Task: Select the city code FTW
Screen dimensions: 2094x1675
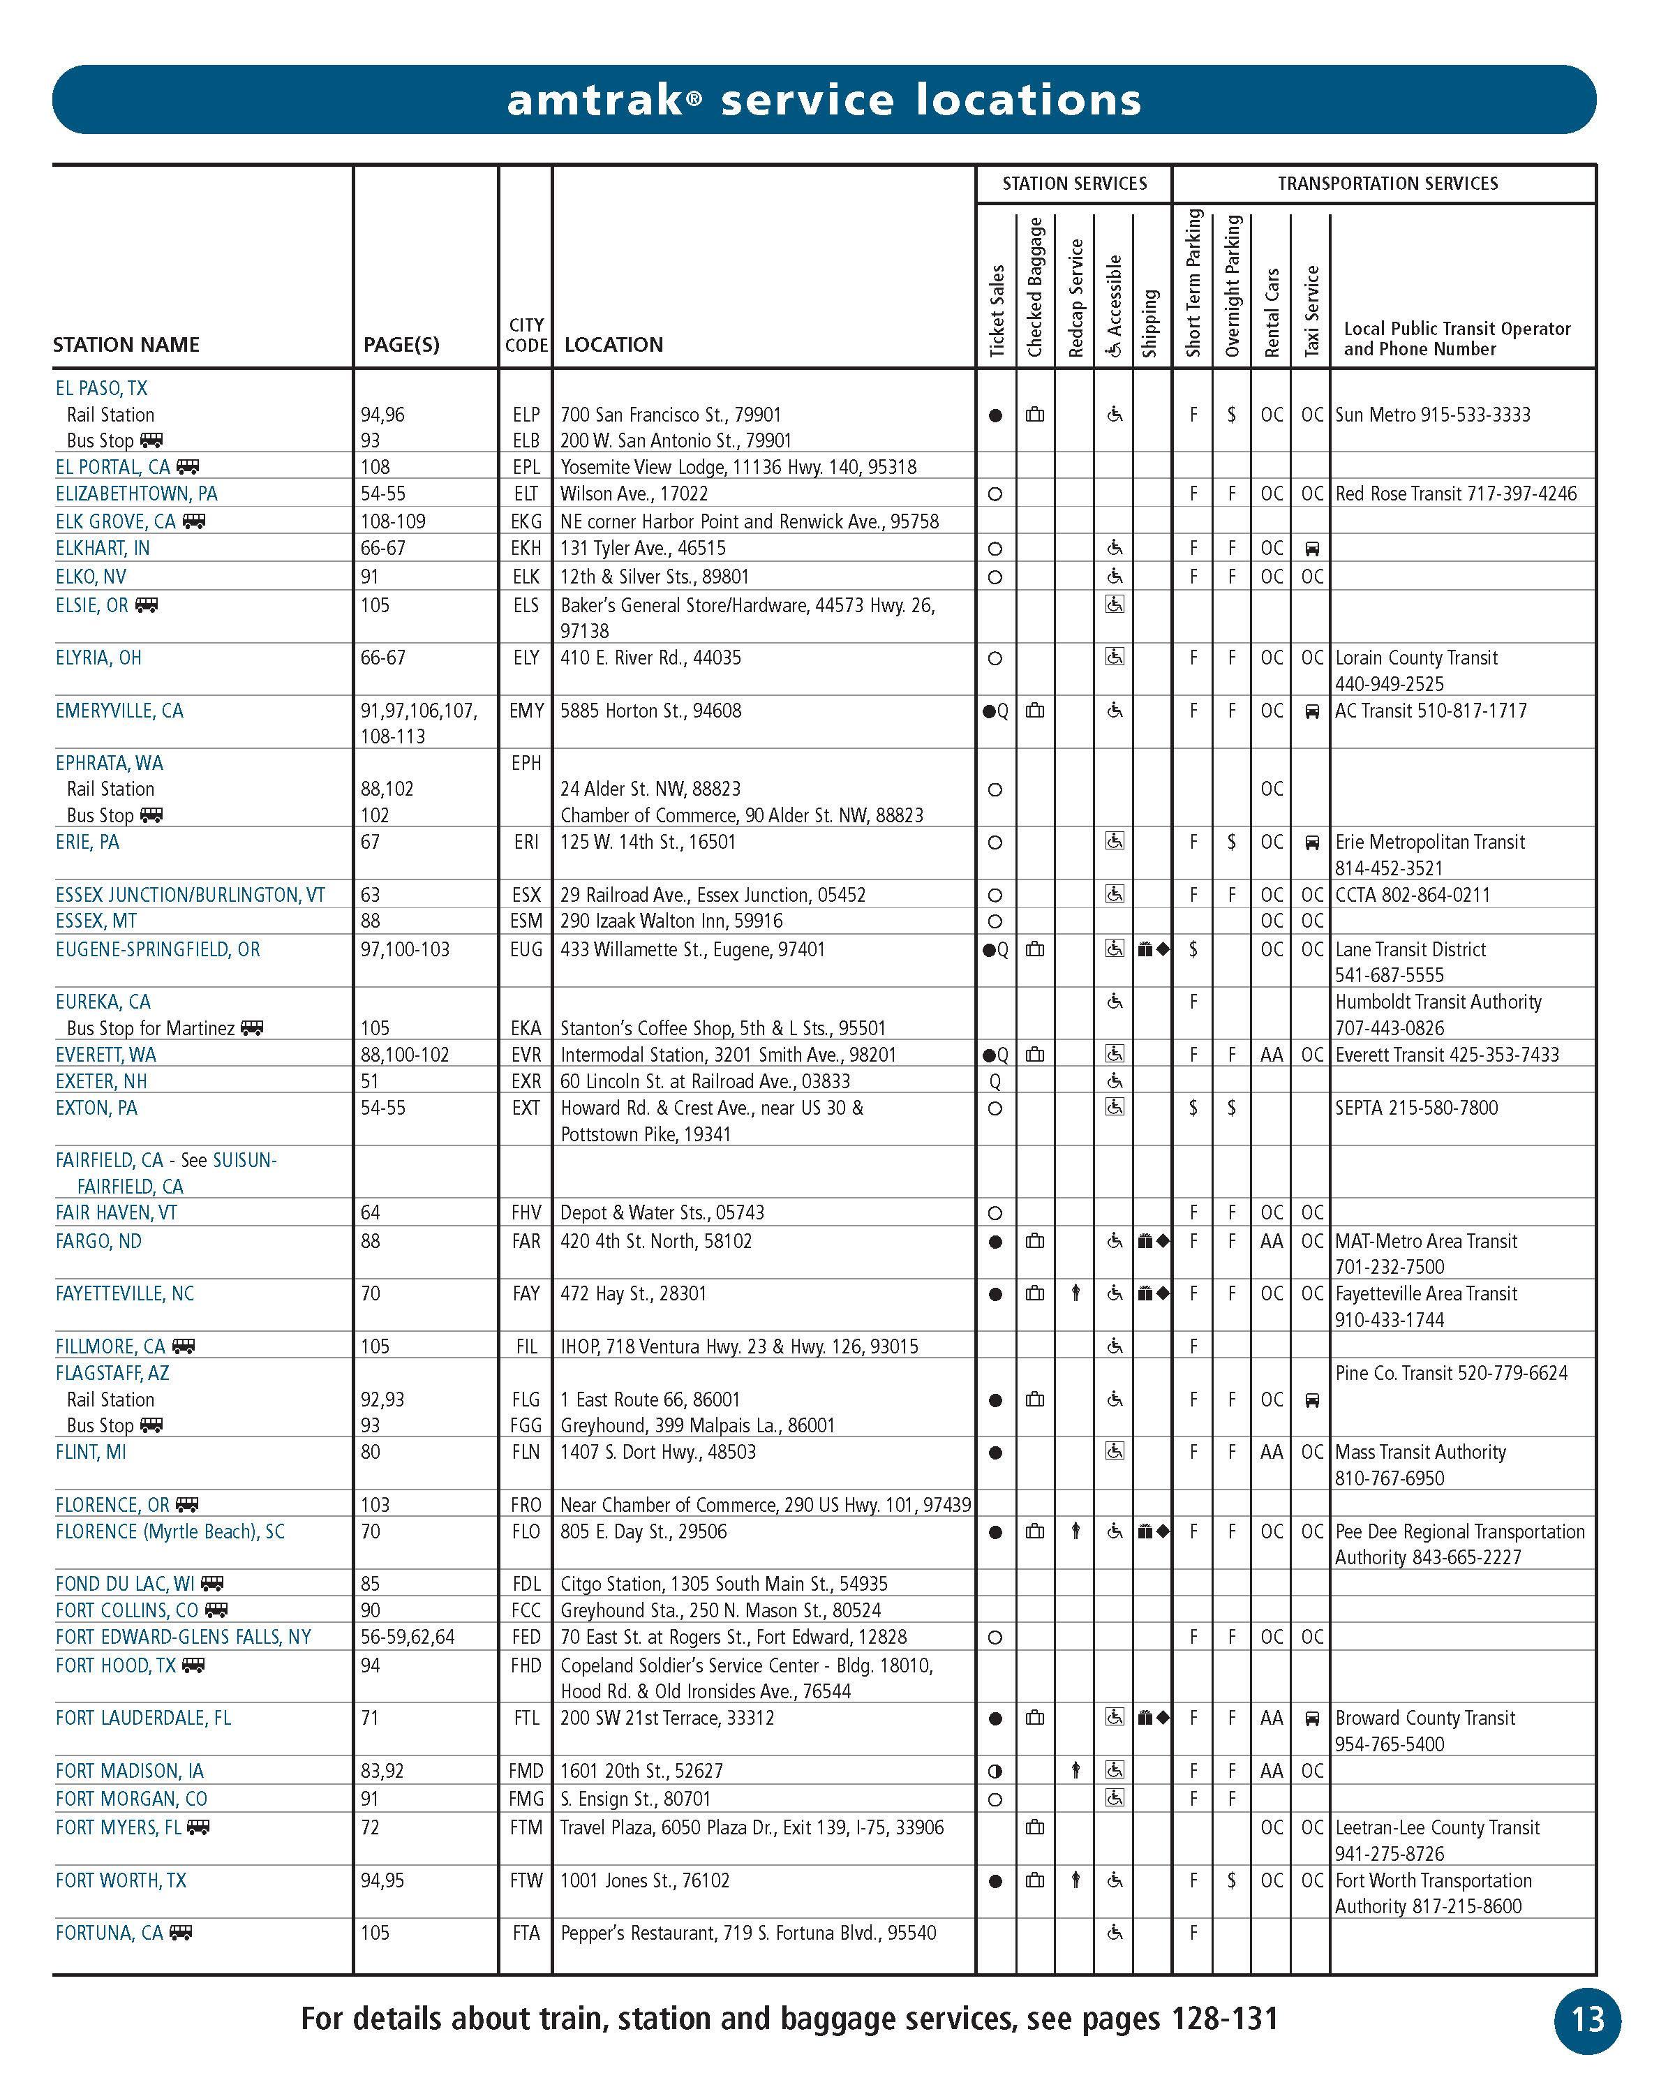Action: pyautogui.click(x=526, y=1880)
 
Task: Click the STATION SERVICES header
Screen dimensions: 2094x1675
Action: pyautogui.click(x=1074, y=184)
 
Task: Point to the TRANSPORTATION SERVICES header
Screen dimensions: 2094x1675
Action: pyautogui.click(x=1387, y=184)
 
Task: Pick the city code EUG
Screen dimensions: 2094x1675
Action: pyautogui.click(x=526, y=949)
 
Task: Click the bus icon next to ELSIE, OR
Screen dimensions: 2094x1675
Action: pyautogui.click(x=147, y=605)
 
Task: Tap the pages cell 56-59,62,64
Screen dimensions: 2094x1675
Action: pyautogui.click(x=407, y=1637)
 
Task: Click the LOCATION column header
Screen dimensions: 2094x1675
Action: pyautogui.click(x=613, y=345)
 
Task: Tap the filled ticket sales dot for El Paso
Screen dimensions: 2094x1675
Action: pyautogui.click(x=995, y=416)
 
